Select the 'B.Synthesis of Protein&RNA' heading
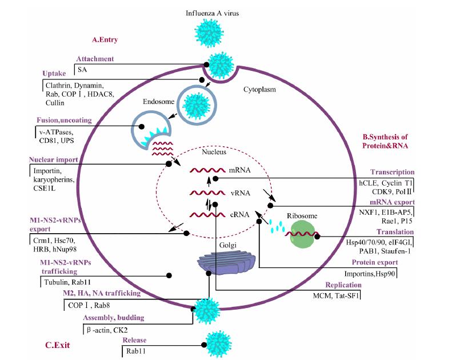389,141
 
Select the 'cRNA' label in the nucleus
239,215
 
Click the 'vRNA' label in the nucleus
239,193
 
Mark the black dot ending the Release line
203,345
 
